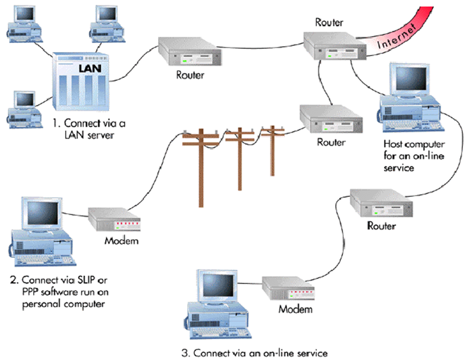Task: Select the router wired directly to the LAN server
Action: click(x=189, y=51)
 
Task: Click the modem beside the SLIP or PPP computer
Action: click(x=114, y=220)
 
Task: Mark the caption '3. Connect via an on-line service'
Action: click(x=254, y=352)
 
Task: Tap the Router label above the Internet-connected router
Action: click(x=329, y=22)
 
